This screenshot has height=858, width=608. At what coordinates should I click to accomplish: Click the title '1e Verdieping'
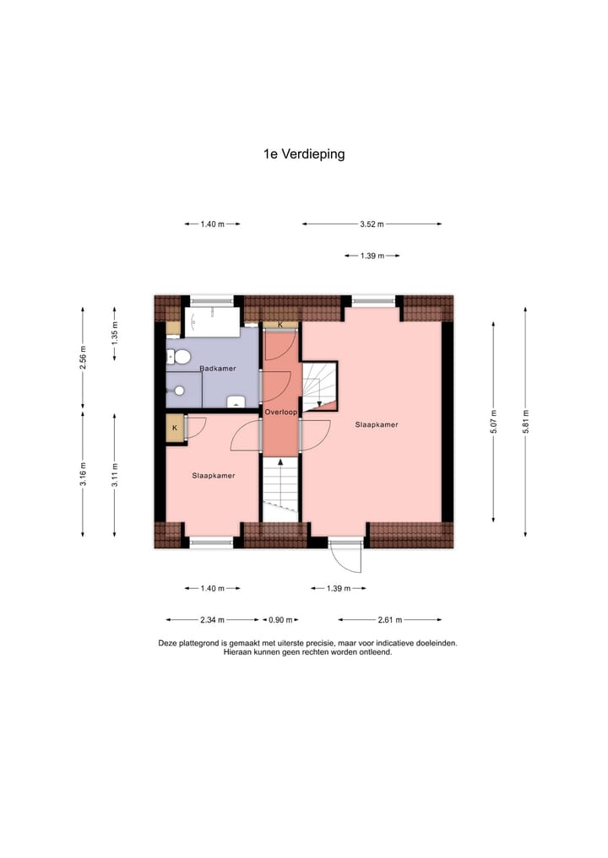point(304,154)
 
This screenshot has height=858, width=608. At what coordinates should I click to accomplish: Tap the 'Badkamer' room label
point(217,369)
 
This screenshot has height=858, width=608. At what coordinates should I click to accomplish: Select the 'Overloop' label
point(279,413)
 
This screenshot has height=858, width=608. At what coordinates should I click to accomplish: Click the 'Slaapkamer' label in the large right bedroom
point(376,424)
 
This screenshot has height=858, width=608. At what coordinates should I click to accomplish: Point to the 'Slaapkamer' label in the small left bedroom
point(213,476)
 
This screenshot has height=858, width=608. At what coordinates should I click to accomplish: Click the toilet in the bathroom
point(176,356)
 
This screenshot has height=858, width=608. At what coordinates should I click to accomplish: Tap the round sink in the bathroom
point(179,391)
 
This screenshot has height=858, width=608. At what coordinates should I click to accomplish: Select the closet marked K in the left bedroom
point(175,428)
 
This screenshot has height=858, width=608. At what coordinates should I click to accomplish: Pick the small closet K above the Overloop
point(280,325)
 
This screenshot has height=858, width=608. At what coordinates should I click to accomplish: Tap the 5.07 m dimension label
point(494,422)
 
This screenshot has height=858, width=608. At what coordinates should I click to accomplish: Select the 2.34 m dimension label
point(212,620)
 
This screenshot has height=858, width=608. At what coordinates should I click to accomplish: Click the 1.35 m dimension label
point(116,334)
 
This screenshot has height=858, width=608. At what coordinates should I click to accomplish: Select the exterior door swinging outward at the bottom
point(346,556)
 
